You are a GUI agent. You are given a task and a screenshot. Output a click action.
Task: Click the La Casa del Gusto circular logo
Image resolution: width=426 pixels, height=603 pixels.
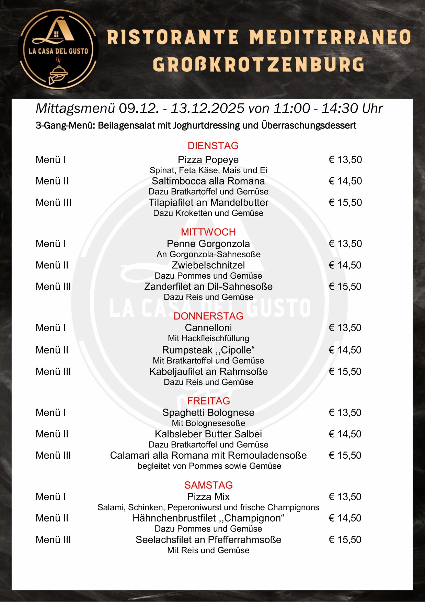(58, 49)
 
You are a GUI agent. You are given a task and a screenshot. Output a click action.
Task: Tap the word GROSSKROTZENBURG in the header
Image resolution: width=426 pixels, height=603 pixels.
(258, 65)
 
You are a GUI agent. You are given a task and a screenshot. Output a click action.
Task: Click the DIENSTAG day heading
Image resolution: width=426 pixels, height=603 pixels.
(213, 146)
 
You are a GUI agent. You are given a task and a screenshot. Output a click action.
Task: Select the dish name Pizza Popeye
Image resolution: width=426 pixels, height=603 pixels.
(208, 160)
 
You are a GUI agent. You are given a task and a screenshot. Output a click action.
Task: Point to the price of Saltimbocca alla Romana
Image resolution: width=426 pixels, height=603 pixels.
(345, 181)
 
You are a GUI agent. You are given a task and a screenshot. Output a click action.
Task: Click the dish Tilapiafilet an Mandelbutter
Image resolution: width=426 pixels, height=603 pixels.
(208, 203)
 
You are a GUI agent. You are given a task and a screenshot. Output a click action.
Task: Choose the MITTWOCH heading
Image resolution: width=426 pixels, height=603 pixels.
(208, 232)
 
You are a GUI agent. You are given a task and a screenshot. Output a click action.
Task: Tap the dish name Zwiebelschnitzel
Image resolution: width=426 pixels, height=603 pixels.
(208, 265)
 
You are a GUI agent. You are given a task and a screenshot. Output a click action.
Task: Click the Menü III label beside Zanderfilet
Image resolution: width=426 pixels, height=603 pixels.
(53, 287)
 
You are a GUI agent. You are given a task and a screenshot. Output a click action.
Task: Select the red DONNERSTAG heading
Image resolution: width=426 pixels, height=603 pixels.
(208, 316)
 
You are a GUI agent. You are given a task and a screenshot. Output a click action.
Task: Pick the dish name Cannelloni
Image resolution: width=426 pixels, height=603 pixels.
(208, 328)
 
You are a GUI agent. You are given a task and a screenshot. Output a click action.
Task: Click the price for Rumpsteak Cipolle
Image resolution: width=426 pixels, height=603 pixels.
(345, 350)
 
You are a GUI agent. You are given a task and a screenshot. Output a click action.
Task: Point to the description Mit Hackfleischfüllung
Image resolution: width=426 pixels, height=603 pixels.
(208, 338)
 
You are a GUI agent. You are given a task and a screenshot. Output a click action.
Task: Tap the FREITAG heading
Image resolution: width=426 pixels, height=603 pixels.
(208, 401)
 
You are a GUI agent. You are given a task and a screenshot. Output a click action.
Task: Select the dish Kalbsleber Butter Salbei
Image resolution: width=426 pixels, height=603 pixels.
(208, 434)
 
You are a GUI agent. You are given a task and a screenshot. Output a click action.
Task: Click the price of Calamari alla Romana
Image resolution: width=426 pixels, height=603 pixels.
(345, 456)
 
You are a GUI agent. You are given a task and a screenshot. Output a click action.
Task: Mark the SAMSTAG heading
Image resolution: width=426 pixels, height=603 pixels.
(208, 485)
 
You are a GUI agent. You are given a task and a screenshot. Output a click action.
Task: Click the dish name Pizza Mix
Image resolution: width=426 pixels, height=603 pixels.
(208, 497)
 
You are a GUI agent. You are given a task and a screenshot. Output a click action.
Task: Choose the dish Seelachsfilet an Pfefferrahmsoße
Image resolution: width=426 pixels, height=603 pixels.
(208, 540)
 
